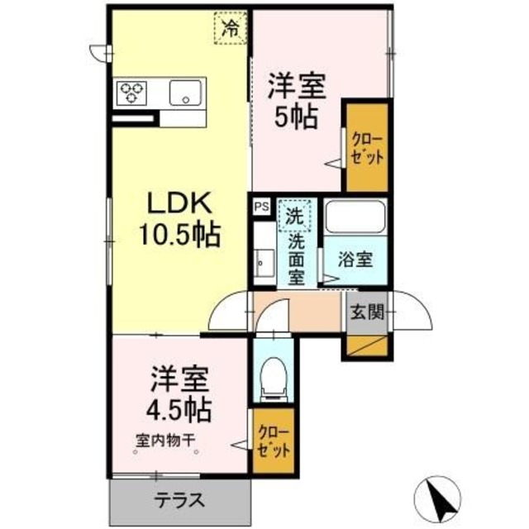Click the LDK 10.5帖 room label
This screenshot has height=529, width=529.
pos(182,220)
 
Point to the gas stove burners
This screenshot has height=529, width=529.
pos(132,92)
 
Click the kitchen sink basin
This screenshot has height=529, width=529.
pos(187,93)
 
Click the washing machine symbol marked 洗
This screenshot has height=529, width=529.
pos(294,217)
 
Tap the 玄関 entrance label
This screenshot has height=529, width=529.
pos(365,312)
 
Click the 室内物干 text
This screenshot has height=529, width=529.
pos(165,441)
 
